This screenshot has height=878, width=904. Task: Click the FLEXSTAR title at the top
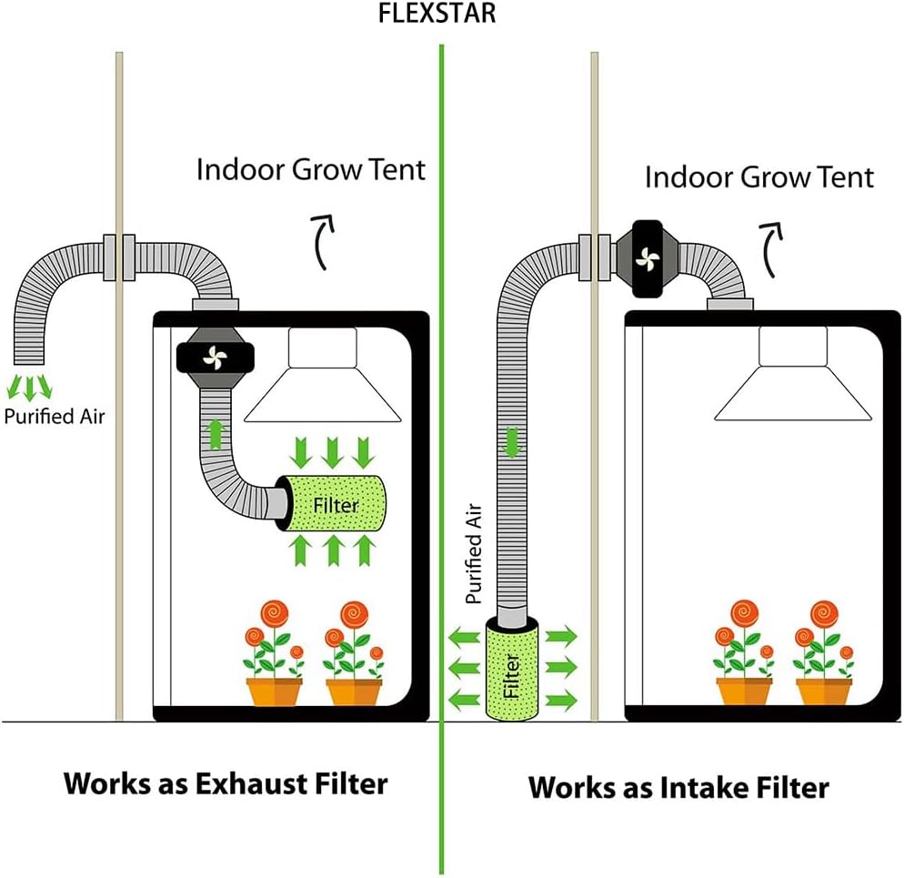437,14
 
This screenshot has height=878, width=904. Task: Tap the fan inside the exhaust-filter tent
215,358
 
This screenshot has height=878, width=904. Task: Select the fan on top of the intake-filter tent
648,259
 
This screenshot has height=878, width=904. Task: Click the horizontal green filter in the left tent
333,504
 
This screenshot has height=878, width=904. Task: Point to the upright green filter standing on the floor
512,668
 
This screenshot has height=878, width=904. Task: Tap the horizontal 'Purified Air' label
55,417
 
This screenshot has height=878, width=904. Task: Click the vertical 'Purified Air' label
473,554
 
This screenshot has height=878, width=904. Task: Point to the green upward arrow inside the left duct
215,435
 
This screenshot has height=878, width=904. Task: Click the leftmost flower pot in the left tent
274,692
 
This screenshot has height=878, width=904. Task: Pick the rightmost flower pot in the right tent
824,692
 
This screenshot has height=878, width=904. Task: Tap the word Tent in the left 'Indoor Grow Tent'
397,169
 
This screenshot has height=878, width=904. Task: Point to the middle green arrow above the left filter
332,452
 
